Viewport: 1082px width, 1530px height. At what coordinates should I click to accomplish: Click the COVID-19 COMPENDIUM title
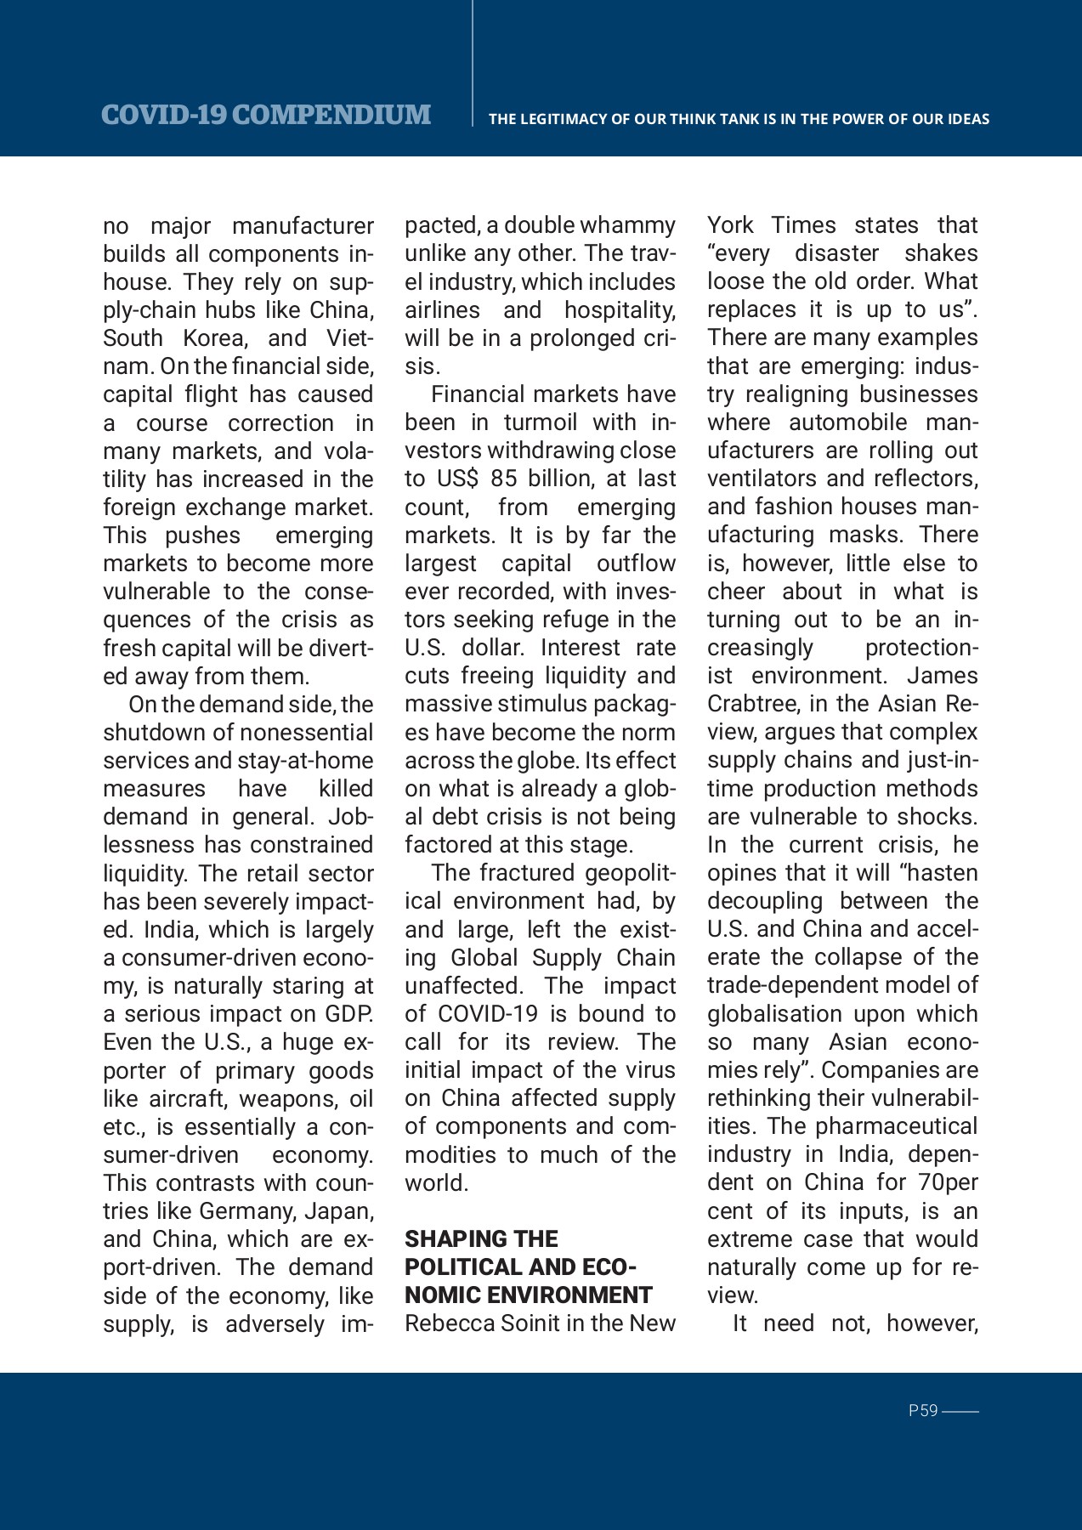point(265,115)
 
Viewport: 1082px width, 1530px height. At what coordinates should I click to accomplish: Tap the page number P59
point(922,1411)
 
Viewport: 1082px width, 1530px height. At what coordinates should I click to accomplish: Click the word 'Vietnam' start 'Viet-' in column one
point(349,338)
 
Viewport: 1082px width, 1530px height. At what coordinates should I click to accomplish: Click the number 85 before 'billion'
point(503,479)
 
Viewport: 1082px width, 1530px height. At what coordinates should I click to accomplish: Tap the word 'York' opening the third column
point(730,225)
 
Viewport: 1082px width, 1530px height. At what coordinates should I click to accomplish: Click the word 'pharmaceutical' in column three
point(896,1126)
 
